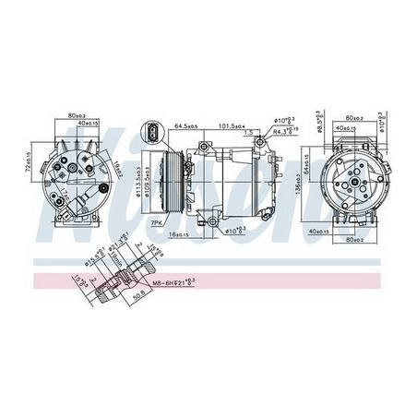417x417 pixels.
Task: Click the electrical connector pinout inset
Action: pyautogui.click(x=149, y=133)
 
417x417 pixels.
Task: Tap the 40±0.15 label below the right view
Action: pyautogui.click(x=349, y=231)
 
